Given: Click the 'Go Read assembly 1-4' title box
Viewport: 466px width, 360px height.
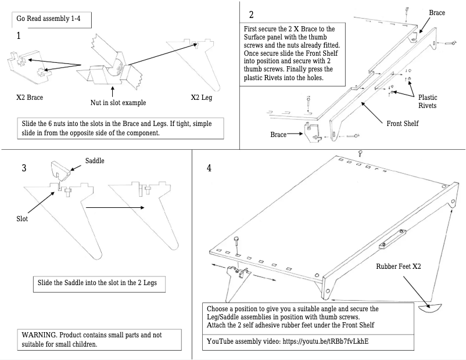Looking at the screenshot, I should pyautogui.click(x=52, y=18).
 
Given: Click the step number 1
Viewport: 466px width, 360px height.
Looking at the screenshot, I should pyautogui.click(x=19, y=36).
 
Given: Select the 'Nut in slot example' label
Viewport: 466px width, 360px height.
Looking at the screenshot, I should pyautogui.click(x=118, y=103).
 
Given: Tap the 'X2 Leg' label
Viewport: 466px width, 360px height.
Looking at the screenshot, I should pyautogui.click(x=203, y=97).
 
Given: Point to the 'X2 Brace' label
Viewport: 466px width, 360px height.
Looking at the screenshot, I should pyautogui.click(x=29, y=97).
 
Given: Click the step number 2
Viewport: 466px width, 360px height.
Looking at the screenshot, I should pyautogui.click(x=251, y=15).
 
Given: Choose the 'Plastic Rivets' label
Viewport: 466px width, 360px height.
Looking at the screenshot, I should pyautogui.click(x=428, y=102).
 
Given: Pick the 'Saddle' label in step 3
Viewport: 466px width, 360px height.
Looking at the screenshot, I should pyautogui.click(x=95, y=160).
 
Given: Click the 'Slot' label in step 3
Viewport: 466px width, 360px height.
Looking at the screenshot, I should pyautogui.click(x=22, y=219).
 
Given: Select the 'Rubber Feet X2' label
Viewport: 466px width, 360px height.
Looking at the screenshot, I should pyautogui.click(x=398, y=267).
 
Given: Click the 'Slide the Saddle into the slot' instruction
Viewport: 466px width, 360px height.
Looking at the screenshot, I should pyautogui.click(x=101, y=283).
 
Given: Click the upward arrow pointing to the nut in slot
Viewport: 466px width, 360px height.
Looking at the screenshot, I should pyautogui.click(x=112, y=91).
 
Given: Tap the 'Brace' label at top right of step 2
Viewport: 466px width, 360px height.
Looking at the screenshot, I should pyautogui.click(x=437, y=12).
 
